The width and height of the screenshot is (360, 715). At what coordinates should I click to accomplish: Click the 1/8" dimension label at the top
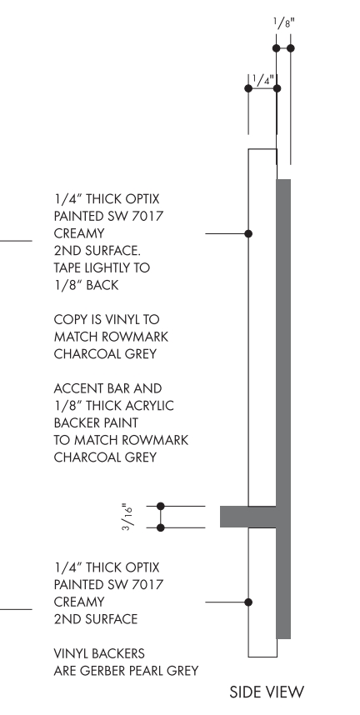coord(284,22)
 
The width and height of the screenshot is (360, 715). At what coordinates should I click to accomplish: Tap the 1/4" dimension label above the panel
coord(262,80)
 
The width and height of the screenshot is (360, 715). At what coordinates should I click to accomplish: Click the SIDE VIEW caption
coord(267,692)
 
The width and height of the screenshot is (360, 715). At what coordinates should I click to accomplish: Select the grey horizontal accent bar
coord(248,517)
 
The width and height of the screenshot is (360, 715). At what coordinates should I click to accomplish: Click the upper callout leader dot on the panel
coord(248,233)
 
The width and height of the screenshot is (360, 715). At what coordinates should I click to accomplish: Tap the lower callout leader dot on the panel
coord(248,602)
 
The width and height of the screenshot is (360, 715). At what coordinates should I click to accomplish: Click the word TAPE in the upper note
coord(67,267)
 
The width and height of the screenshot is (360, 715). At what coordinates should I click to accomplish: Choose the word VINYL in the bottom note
coord(71,653)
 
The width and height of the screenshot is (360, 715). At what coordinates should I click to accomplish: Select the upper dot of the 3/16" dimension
coord(161,506)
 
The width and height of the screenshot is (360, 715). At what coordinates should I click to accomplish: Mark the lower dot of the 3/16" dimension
coord(161,527)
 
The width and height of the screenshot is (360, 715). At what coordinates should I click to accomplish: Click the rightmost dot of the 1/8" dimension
coord(291,47)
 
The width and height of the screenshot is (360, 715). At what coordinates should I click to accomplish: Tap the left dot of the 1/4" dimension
coord(248,88)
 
